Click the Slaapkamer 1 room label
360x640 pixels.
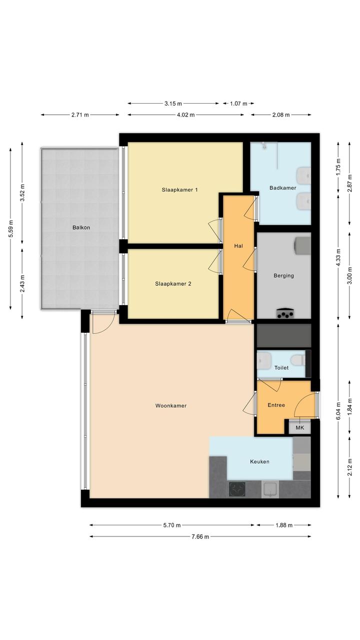tap(180, 190)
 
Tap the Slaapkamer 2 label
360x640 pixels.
tap(173, 284)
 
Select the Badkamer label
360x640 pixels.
tap(282, 188)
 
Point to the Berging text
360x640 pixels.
tap(283, 276)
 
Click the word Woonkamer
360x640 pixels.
tap(170, 405)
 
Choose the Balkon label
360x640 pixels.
tap(81, 228)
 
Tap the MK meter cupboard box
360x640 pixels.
tap(300, 428)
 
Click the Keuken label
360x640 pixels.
tap(259, 461)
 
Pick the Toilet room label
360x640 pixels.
tap(281, 368)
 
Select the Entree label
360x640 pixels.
tap(276, 405)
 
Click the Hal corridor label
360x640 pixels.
tap(238, 246)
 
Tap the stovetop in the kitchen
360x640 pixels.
tap(237, 489)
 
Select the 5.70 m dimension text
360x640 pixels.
tap(172, 525)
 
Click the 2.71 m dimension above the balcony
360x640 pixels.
tap(80, 115)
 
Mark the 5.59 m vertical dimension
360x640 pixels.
tap(10, 229)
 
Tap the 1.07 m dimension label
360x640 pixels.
tap(238, 104)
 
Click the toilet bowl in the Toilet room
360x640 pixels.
tap(298, 360)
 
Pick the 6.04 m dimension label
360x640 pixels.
tap(338, 411)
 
